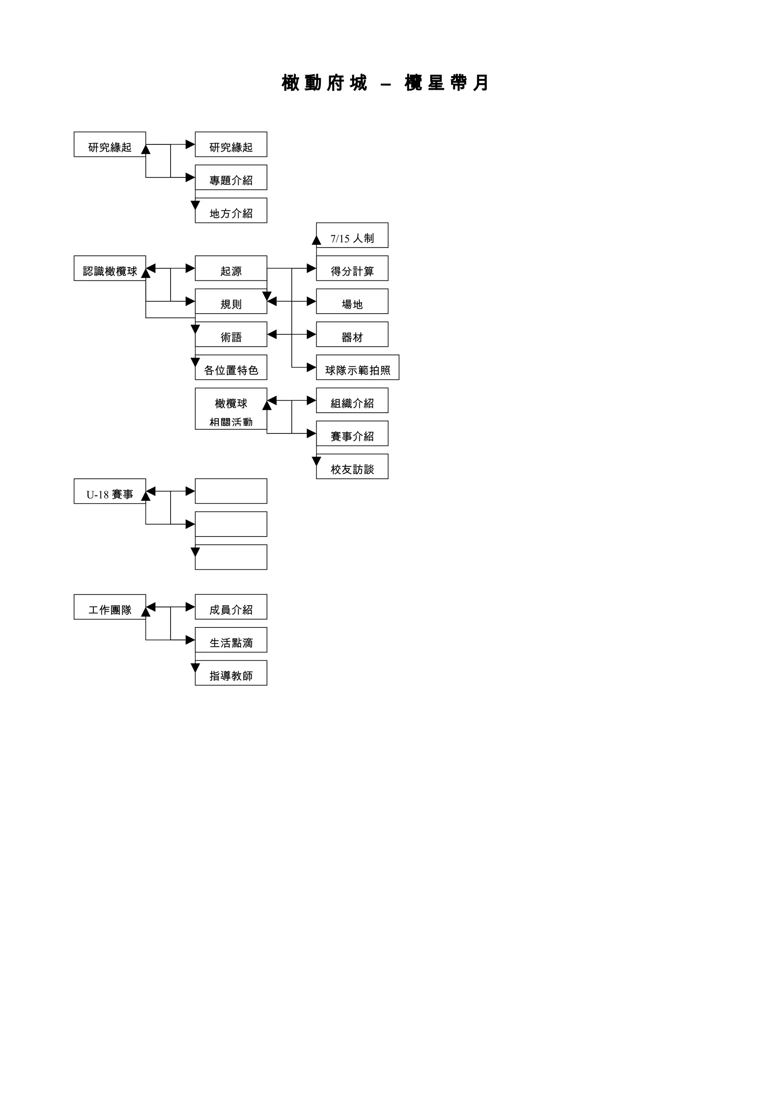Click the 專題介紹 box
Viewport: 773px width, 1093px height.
coord(231,178)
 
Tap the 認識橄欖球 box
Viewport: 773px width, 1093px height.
coord(109,269)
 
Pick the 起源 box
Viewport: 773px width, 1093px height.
coord(231,269)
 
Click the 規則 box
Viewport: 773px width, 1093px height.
coord(231,301)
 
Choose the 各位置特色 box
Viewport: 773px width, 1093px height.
coord(231,367)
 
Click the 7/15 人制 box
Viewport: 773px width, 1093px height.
coord(352,236)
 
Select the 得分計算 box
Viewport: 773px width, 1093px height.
coord(352,269)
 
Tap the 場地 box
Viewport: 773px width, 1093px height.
coord(352,301)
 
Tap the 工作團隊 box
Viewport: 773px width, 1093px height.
coord(109,607)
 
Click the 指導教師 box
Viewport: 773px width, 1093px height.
coord(231,673)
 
